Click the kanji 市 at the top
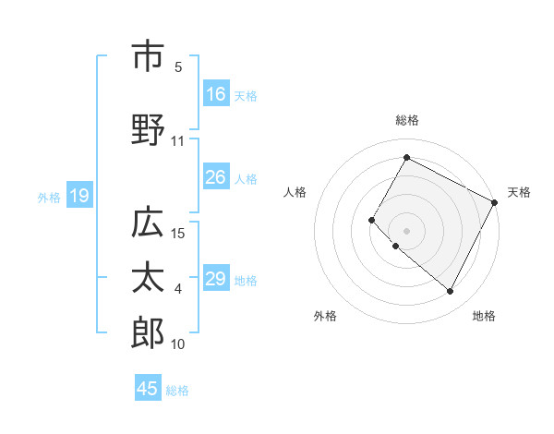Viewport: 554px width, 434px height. [148, 56]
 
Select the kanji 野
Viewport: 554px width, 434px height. [148, 131]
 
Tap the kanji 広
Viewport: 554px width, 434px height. [148, 223]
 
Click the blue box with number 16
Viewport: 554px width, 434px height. [216, 93]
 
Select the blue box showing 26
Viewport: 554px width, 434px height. [216, 177]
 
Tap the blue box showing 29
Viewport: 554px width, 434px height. [216, 279]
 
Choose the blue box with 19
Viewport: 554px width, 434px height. [78, 195]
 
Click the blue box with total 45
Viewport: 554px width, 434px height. [148, 389]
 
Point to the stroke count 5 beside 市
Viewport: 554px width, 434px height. [178, 66]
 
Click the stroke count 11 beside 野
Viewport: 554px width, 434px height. [178, 141]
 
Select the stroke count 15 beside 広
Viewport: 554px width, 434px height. [179, 234]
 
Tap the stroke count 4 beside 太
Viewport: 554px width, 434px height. [178, 289]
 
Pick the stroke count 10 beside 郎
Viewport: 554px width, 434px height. [178, 344]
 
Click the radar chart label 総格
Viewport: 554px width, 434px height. [406, 120]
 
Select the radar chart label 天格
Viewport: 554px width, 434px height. [519, 192]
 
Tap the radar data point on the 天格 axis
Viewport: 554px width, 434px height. [495, 202]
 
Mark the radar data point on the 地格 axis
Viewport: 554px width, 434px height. [451, 292]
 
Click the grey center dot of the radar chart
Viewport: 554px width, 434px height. [406, 230]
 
